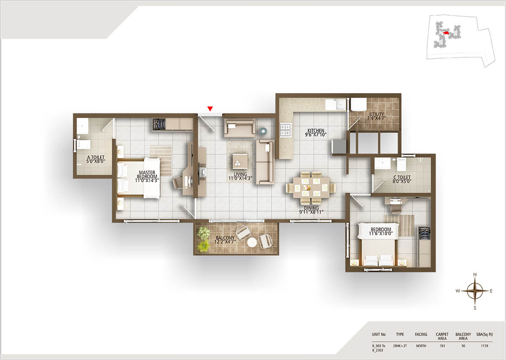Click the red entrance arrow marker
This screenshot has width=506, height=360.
(210, 109)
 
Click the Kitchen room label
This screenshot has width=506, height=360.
(316, 133)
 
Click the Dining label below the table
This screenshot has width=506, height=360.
(311, 210)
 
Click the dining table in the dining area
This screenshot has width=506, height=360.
(311, 185)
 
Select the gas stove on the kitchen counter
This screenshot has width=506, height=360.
(285, 129)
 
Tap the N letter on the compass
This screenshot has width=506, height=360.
(475, 275)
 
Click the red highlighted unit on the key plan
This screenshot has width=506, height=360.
(446, 32)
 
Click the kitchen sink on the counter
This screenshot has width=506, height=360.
(337, 104)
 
